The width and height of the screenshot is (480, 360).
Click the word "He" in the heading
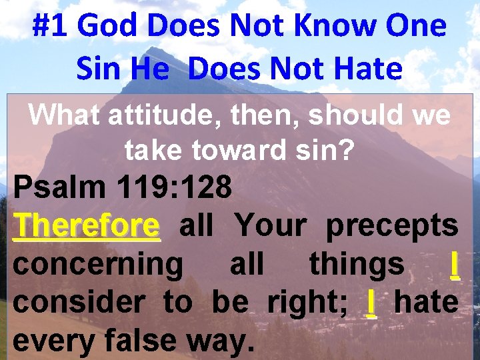(150, 68)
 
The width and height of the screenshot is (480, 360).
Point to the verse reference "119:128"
(179, 189)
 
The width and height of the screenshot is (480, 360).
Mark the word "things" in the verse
(357, 265)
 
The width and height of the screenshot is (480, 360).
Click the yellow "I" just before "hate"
(371, 302)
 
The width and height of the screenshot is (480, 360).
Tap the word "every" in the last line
(53, 341)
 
